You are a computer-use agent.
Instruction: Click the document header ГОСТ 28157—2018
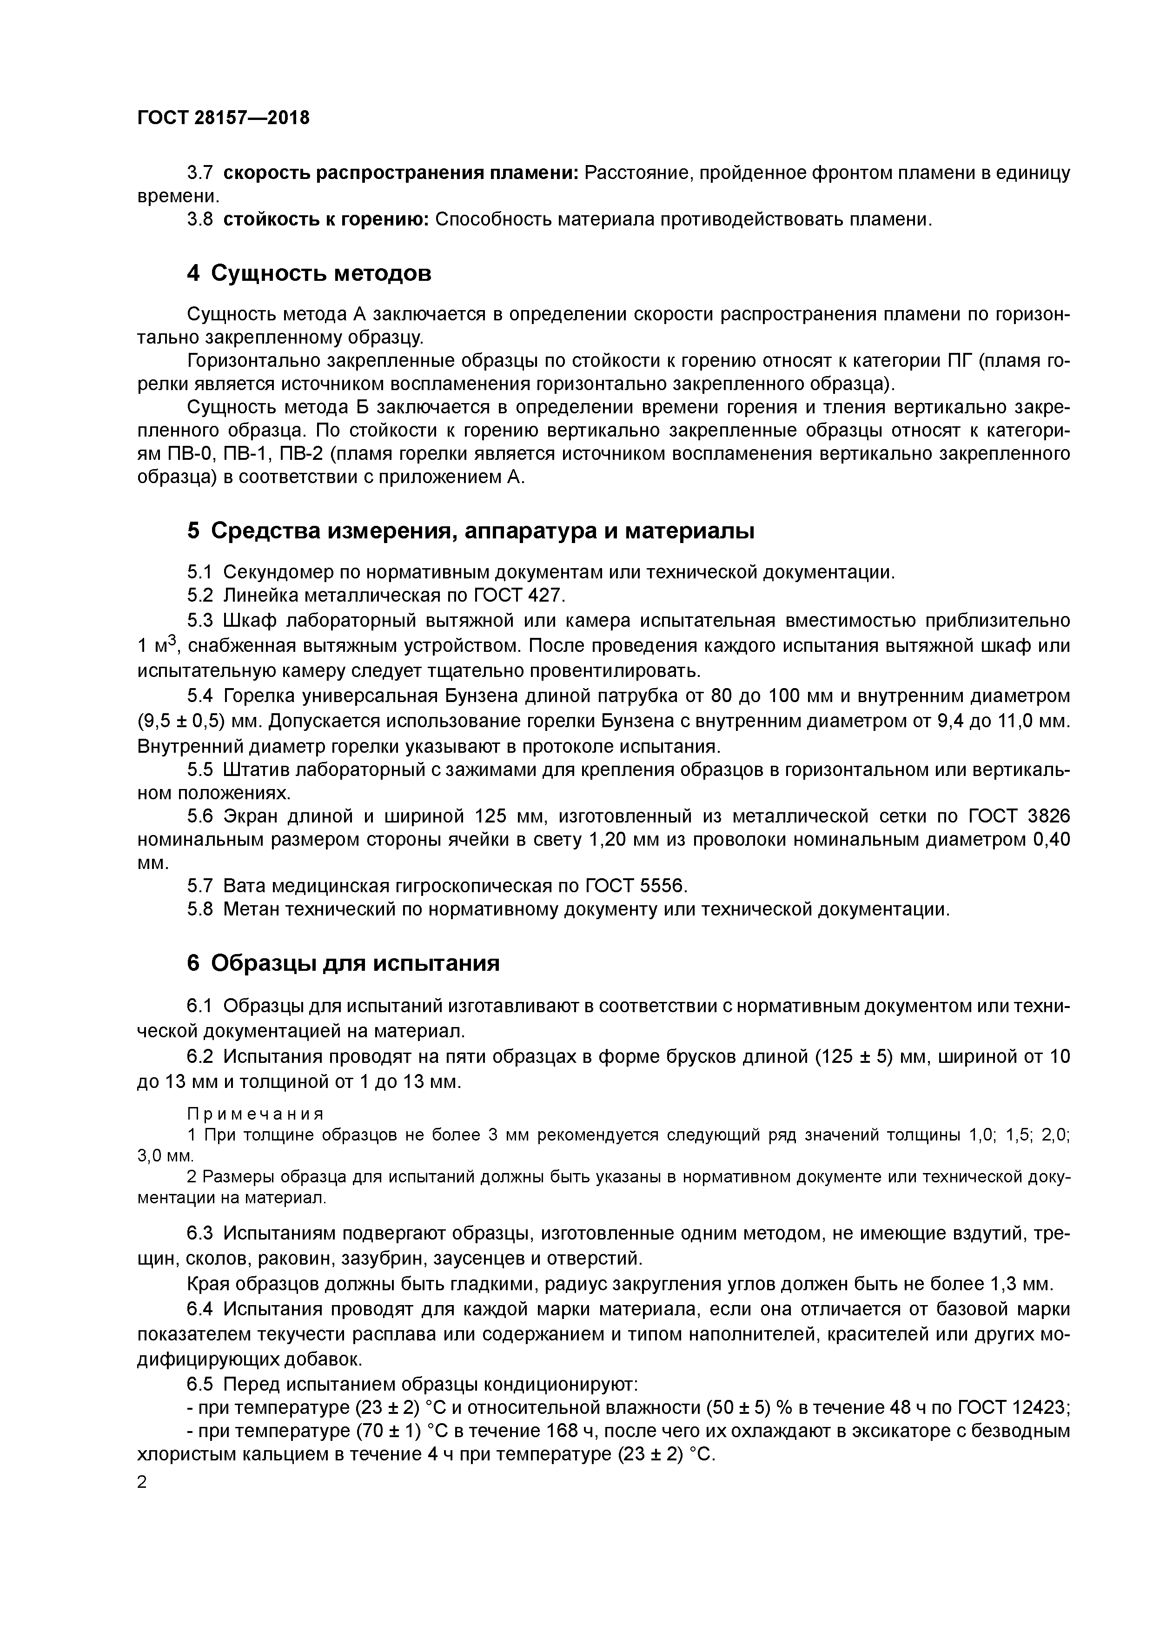click(223, 118)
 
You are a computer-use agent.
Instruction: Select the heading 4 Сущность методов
click(309, 273)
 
